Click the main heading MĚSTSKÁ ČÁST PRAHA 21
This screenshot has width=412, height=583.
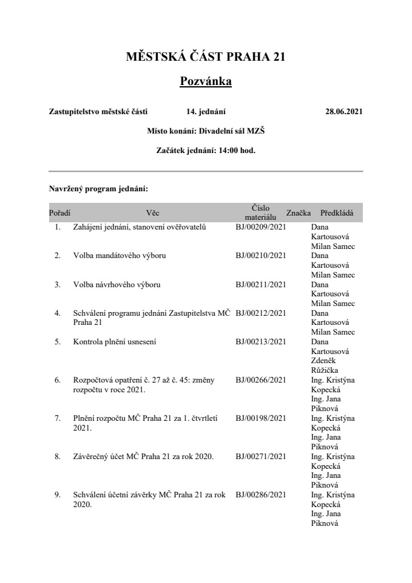(x=206, y=57)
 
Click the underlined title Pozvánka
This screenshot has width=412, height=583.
(x=206, y=81)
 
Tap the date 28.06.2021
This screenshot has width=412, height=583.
(x=344, y=112)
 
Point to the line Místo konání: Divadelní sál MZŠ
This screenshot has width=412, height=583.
(x=206, y=131)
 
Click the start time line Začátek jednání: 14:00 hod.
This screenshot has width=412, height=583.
(x=206, y=151)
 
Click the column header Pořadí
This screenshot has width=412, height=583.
(x=59, y=213)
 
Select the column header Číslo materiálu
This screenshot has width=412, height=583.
(x=260, y=212)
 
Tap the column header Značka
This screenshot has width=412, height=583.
(x=299, y=213)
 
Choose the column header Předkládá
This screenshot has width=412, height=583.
(x=337, y=213)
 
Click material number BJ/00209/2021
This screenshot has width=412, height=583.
(x=260, y=227)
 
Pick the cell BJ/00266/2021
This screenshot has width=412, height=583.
(x=260, y=380)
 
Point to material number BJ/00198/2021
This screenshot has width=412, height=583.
(x=260, y=418)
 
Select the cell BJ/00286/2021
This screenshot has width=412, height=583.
(x=260, y=495)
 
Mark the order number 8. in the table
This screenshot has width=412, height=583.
(x=58, y=457)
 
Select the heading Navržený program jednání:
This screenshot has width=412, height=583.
(x=94, y=189)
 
